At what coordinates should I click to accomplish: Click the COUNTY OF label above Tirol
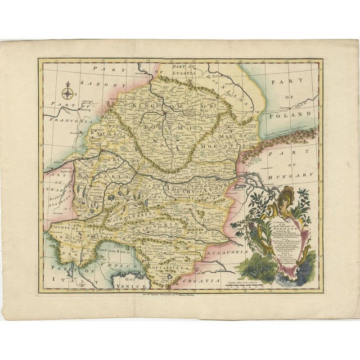coord(65,232)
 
